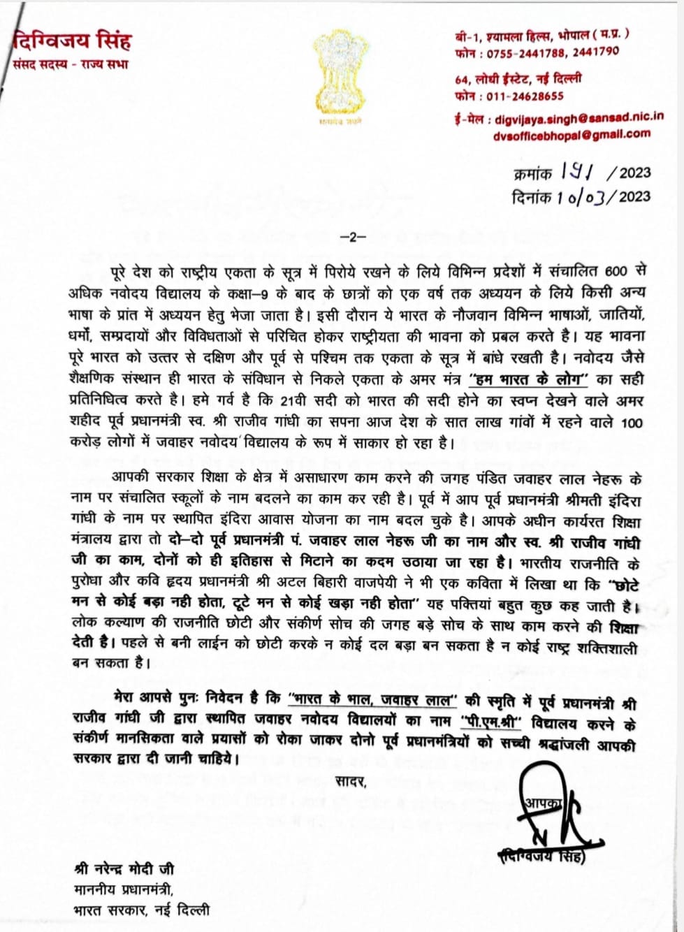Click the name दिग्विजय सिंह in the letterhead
point(72,41)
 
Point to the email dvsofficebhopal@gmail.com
point(571,134)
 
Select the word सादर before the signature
point(351,780)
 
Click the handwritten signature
point(552,810)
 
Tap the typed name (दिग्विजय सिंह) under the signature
point(542,857)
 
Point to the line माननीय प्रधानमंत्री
point(122,890)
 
